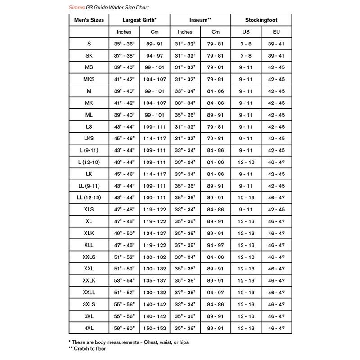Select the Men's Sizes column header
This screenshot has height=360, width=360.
[x=89, y=20]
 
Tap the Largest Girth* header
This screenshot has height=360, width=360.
[x=139, y=20]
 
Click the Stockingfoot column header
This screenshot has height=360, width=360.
[x=261, y=20]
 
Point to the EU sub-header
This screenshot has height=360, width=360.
[x=276, y=32]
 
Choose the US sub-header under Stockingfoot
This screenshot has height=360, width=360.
[x=246, y=32]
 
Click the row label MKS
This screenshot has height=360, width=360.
[x=89, y=79]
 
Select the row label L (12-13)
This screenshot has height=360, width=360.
[x=89, y=162]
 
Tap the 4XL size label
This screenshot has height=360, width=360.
[x=89, y=328]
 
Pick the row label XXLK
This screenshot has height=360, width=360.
[x=89, y=280]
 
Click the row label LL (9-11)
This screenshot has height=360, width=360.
[x=89, y=185]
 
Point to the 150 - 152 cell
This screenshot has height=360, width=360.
[x=154, y=328]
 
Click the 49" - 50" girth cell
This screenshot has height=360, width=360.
[x=124, y=233]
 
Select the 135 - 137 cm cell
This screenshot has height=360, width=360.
[x=154, y=280]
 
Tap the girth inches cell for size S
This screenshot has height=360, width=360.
[x=124, y=44]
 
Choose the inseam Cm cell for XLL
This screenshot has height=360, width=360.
[x=215, y=245]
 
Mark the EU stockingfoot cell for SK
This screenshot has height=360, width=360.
[x=276, y=56]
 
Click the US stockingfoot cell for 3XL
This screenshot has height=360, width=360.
[x=246, y=316]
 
